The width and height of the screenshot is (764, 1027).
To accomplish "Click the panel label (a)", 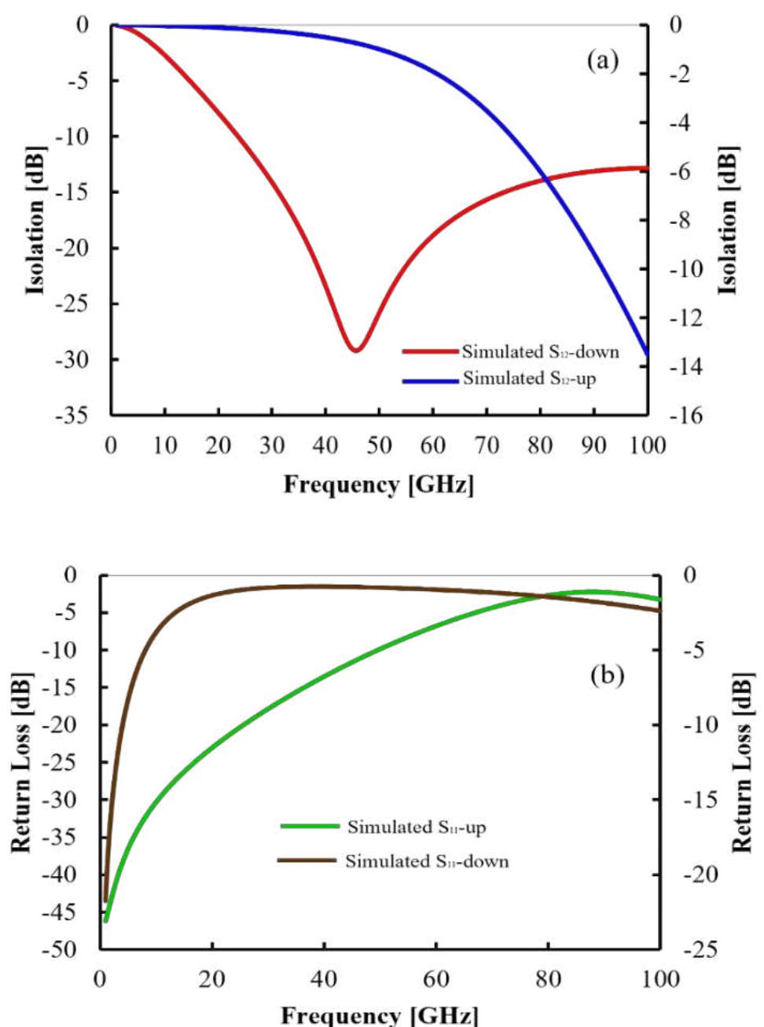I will tap(603, 61).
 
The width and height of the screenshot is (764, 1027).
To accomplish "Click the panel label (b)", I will tap(607, 675).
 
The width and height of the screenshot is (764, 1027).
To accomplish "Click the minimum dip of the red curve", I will tap(356, 350).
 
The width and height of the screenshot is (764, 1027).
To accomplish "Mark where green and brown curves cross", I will tap(543, 596).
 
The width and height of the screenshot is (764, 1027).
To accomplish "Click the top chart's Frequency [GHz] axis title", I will tap(379, 484).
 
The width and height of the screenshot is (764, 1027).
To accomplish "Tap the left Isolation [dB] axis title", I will tap(36, 220).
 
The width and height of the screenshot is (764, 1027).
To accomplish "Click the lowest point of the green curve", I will tap(106, 919).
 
